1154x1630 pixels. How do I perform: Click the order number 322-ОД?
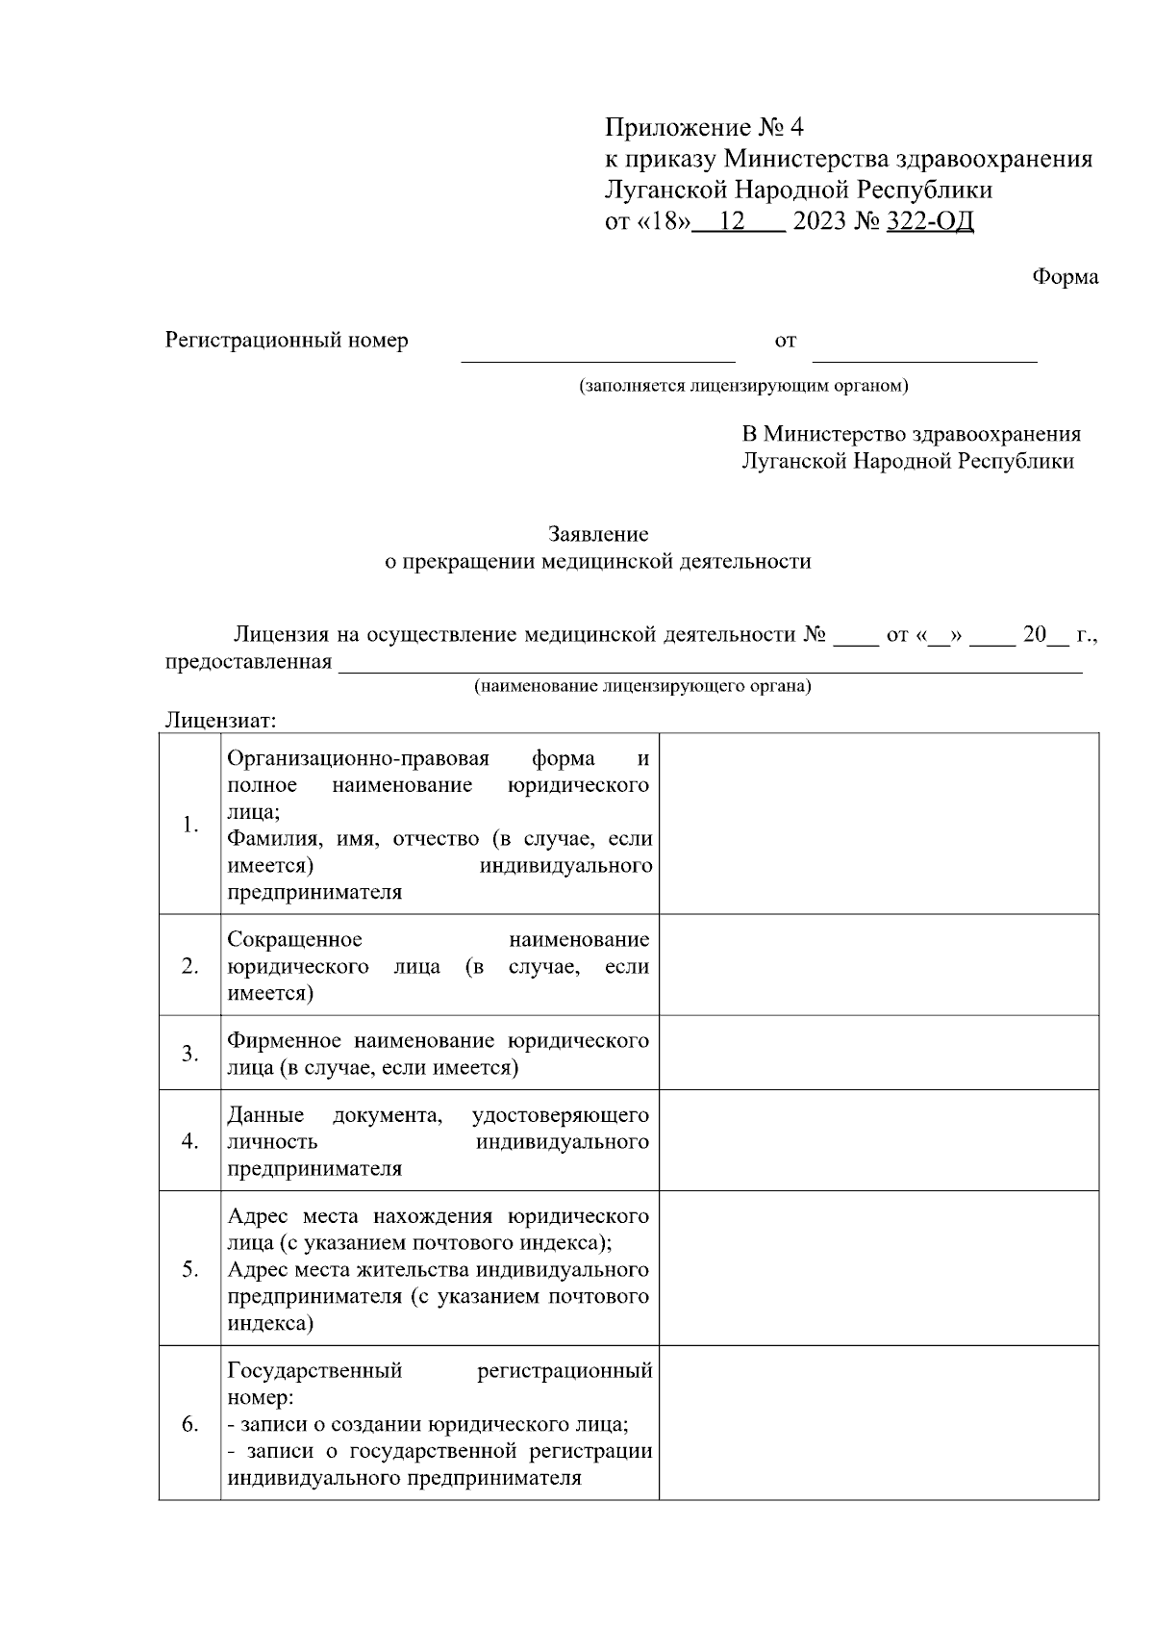pyautogui.click(x=929, y=222)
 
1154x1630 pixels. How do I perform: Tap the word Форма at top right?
pyautogui.click(x=1065, y=277)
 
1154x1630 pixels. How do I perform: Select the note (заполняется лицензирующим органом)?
pyautogui.click(x=742, y=387)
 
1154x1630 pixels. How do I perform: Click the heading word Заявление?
pyautogui.click(x=598, y=534)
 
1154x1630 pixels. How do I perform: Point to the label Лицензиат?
pyautogui.click(x=221, y=720)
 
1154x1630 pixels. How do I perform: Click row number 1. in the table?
pyautogui.click(x=190, y=825)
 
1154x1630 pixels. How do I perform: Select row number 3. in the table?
pyautogui.click(x=190, y=1054)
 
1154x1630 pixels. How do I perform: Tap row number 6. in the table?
pyautogui.click(x=190, y=1424)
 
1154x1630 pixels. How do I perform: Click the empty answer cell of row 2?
pyautogui.click(x=878, y=965)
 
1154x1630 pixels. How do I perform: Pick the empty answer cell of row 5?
pyautogui.click(x=878, y=1268)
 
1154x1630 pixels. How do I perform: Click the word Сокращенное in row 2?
pyautogui.click(x=294, y=939)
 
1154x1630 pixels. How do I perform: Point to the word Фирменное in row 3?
pyautogui.click(x=284, y=1041)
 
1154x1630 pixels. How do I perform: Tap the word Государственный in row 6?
pyautogui.click(x=314, y=1370)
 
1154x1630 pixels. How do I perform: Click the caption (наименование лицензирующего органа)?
pyautogui.click(x=641, y=687)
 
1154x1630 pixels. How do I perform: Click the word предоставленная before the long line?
pyautogui.click(x=248, y=662)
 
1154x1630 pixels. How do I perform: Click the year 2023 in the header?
pyautogui.click(x=819, y=222)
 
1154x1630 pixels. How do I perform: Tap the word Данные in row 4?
pyautogui.click(x=265, y=1115)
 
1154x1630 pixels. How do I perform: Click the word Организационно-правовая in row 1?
pyautogui.click(x=358, y=758)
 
